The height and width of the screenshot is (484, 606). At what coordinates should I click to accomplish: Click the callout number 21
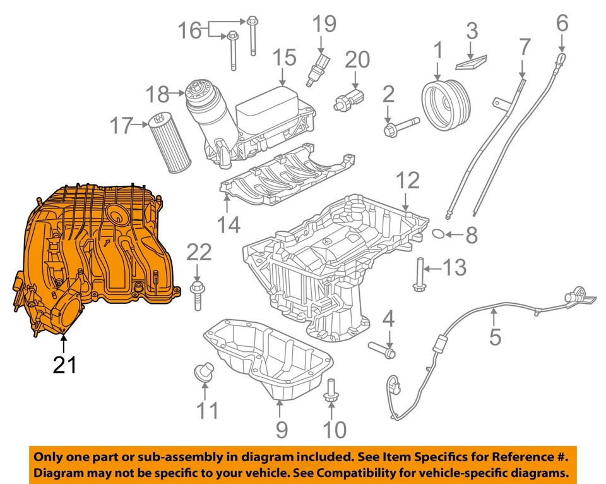(64, 365)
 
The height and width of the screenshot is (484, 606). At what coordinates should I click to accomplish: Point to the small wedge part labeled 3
(471, 61)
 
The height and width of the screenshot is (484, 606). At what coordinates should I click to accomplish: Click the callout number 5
(495, 336)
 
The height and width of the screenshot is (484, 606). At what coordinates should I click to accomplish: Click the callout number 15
(284, 58)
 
